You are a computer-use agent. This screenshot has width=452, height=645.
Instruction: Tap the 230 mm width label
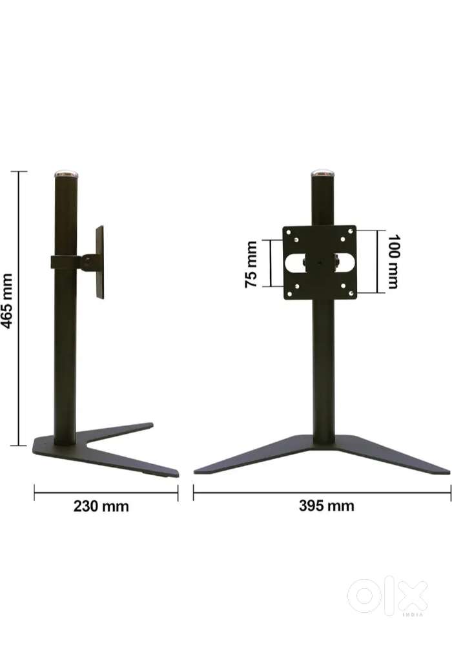click(x=101, y=506)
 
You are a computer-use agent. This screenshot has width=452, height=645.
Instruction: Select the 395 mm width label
click(x=326, y=506)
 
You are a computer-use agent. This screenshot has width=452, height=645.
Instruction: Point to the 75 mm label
click(x=252, y=263)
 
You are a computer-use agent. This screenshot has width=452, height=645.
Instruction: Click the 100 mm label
click(x=392, y=262)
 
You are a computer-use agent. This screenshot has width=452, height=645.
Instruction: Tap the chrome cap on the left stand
click(x=65, y=174)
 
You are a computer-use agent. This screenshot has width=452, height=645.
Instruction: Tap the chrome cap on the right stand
click(x=323, y=174)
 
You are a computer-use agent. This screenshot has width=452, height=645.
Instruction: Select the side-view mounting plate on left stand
click(x=99, y=261)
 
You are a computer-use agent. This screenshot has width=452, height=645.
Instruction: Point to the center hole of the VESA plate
click(x=319, y=263)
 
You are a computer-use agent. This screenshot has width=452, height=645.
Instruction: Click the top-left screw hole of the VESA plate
click(x=296, y=238)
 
